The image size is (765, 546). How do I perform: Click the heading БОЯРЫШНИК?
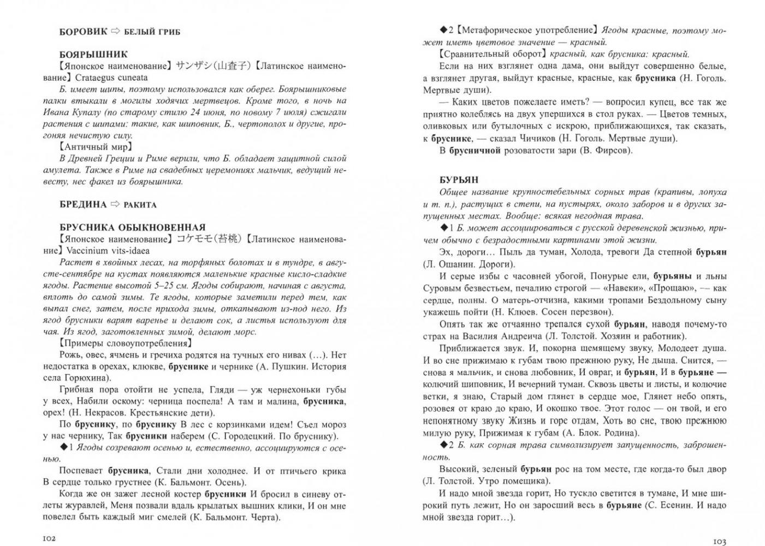pos(93,54)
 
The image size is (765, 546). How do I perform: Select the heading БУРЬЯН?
pos(459,180)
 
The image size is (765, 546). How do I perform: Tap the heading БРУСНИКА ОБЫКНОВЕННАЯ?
pos(133,227)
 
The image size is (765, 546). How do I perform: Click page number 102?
pos(49,538)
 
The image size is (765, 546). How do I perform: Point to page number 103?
pos(719,541)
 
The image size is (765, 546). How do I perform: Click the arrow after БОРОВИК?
pos(115,31)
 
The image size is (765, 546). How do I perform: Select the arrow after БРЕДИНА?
pos(115,204)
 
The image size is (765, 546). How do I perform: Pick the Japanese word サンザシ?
pos(193,66)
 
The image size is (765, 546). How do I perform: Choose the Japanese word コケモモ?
pos(193,239)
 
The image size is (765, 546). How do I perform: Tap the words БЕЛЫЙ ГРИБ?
pos(152,32)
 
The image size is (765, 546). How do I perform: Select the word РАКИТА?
pos(140,205)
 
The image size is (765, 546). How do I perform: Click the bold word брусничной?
pos(475,150)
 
